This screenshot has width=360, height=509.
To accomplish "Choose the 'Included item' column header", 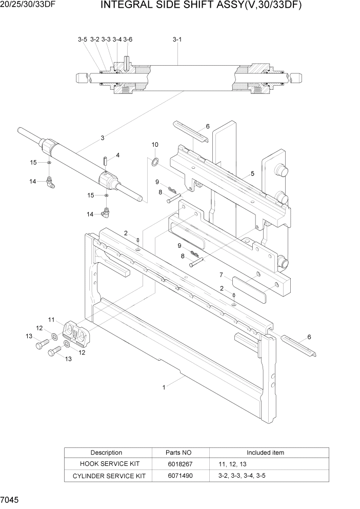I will tap(265, 453).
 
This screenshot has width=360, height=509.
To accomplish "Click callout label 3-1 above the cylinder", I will tap(177, 39).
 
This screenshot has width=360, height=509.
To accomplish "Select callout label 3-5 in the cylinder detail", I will tap(83, 39).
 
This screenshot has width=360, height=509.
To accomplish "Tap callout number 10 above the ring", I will tap(155, 145).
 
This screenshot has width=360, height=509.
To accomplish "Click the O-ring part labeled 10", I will tap(154, 163).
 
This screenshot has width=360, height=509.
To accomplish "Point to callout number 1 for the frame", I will tap(164, 388).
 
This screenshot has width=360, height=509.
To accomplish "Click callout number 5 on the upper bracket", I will tap(252, 174).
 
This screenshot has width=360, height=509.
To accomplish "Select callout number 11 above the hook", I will tap(51, 320).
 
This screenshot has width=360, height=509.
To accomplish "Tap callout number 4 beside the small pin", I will tap(117, 155).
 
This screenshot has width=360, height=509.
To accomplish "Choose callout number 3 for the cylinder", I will tap(103, 138).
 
